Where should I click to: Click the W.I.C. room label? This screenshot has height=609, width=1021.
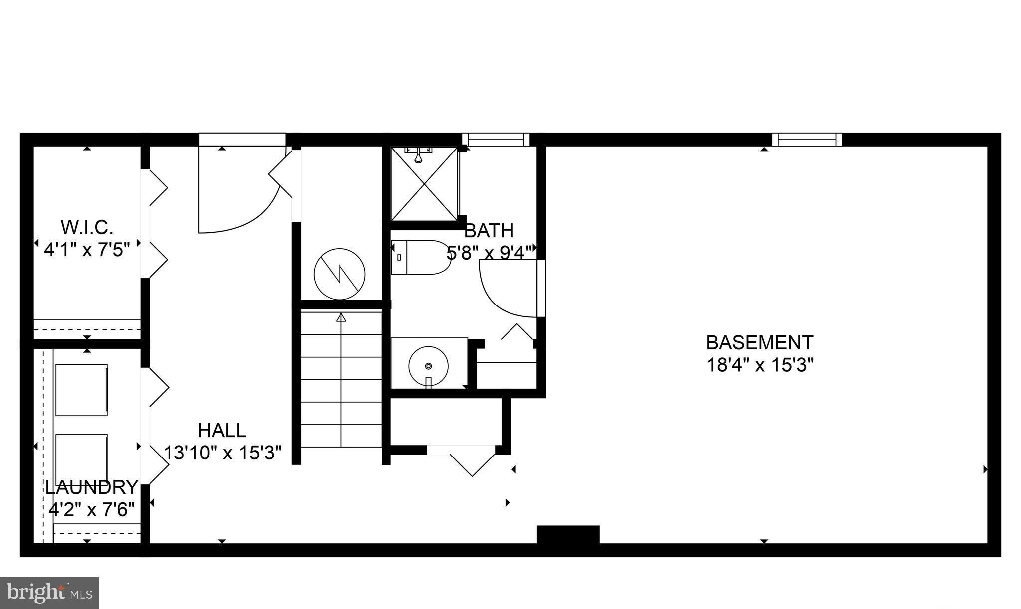coord(87,227)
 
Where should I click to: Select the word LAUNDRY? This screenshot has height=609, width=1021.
coord(92,487)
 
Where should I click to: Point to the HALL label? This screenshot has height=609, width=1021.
coord(222,430)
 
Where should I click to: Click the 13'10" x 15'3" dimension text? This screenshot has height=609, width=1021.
coord(223,453)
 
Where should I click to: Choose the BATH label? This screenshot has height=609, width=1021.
coord(489,231)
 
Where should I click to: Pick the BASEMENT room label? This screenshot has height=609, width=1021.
coord(759,343)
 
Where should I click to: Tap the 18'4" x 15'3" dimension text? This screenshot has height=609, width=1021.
coord(759,365)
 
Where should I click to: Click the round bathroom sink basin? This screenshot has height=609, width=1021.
coord(428,365)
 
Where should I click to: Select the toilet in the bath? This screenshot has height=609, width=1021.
coord(420,258)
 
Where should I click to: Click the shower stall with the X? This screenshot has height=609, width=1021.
coord(424,184)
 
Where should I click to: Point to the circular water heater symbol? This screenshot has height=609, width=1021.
coord(340,274)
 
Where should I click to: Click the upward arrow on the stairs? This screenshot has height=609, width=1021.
coord(341,318)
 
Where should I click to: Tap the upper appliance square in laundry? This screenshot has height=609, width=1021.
coord(81,390)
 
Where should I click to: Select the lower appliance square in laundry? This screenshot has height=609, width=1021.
coord(81,457)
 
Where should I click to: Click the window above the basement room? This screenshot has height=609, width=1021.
coord(807,139)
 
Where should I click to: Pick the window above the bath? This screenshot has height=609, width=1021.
coord(496,139)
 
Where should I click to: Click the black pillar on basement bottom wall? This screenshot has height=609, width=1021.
coord(568,534)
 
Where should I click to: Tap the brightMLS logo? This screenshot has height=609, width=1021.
coord(49,593)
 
